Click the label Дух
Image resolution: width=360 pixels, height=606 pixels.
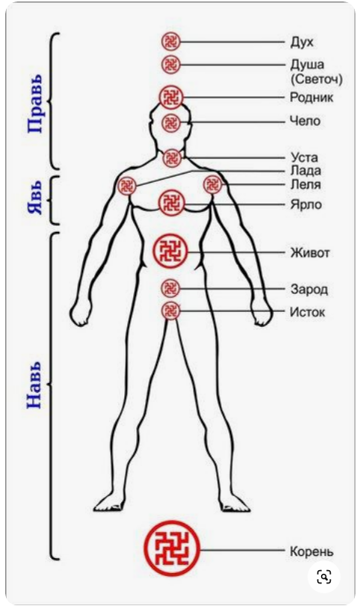pyautogui.click(x=302, y=42)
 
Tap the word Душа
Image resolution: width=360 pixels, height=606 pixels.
pyautogui.click(x=308, y=64)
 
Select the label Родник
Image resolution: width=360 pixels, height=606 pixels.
pyautogui.click(x=311, y=97)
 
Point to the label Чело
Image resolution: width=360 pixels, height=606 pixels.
pyautogui.click(x=305, y=121)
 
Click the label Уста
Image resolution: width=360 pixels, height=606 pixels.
pyautogui.click(x=305, y=158)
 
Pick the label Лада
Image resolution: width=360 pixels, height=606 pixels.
pyautogui.click(x=305, y=171)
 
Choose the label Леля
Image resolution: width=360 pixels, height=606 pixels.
pyautogui.click(x=305, y=184)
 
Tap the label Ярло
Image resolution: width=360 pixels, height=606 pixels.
pyautogui.click(x=306, y=204)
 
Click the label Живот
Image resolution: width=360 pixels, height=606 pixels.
pyautogui.click(x=310, y=253)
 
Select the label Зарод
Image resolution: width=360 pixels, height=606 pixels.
pyautogui.click(x=309, y=289)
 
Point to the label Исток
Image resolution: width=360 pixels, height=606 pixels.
pyautogui.click(x=308, y=312)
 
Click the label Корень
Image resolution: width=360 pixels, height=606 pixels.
pyautogui.click(x=311, y=551)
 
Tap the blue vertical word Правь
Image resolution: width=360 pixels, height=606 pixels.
pyautogui.click(x=34, y=104)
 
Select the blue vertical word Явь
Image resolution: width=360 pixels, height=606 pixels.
pyautogui.click(x=34, y=198)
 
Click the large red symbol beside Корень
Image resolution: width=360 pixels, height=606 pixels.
pyautogui.click(x=172, y=548)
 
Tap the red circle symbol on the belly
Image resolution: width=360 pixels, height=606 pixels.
pyautogui.click(x=170, y=251)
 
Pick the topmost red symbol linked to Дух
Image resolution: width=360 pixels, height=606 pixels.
pyautogui.click(x=171, y=41)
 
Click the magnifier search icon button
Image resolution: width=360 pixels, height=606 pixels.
pyautogui.click(x=324, y=577)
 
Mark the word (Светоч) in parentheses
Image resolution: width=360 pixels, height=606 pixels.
pyautogui.click(x=317, y=79)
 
